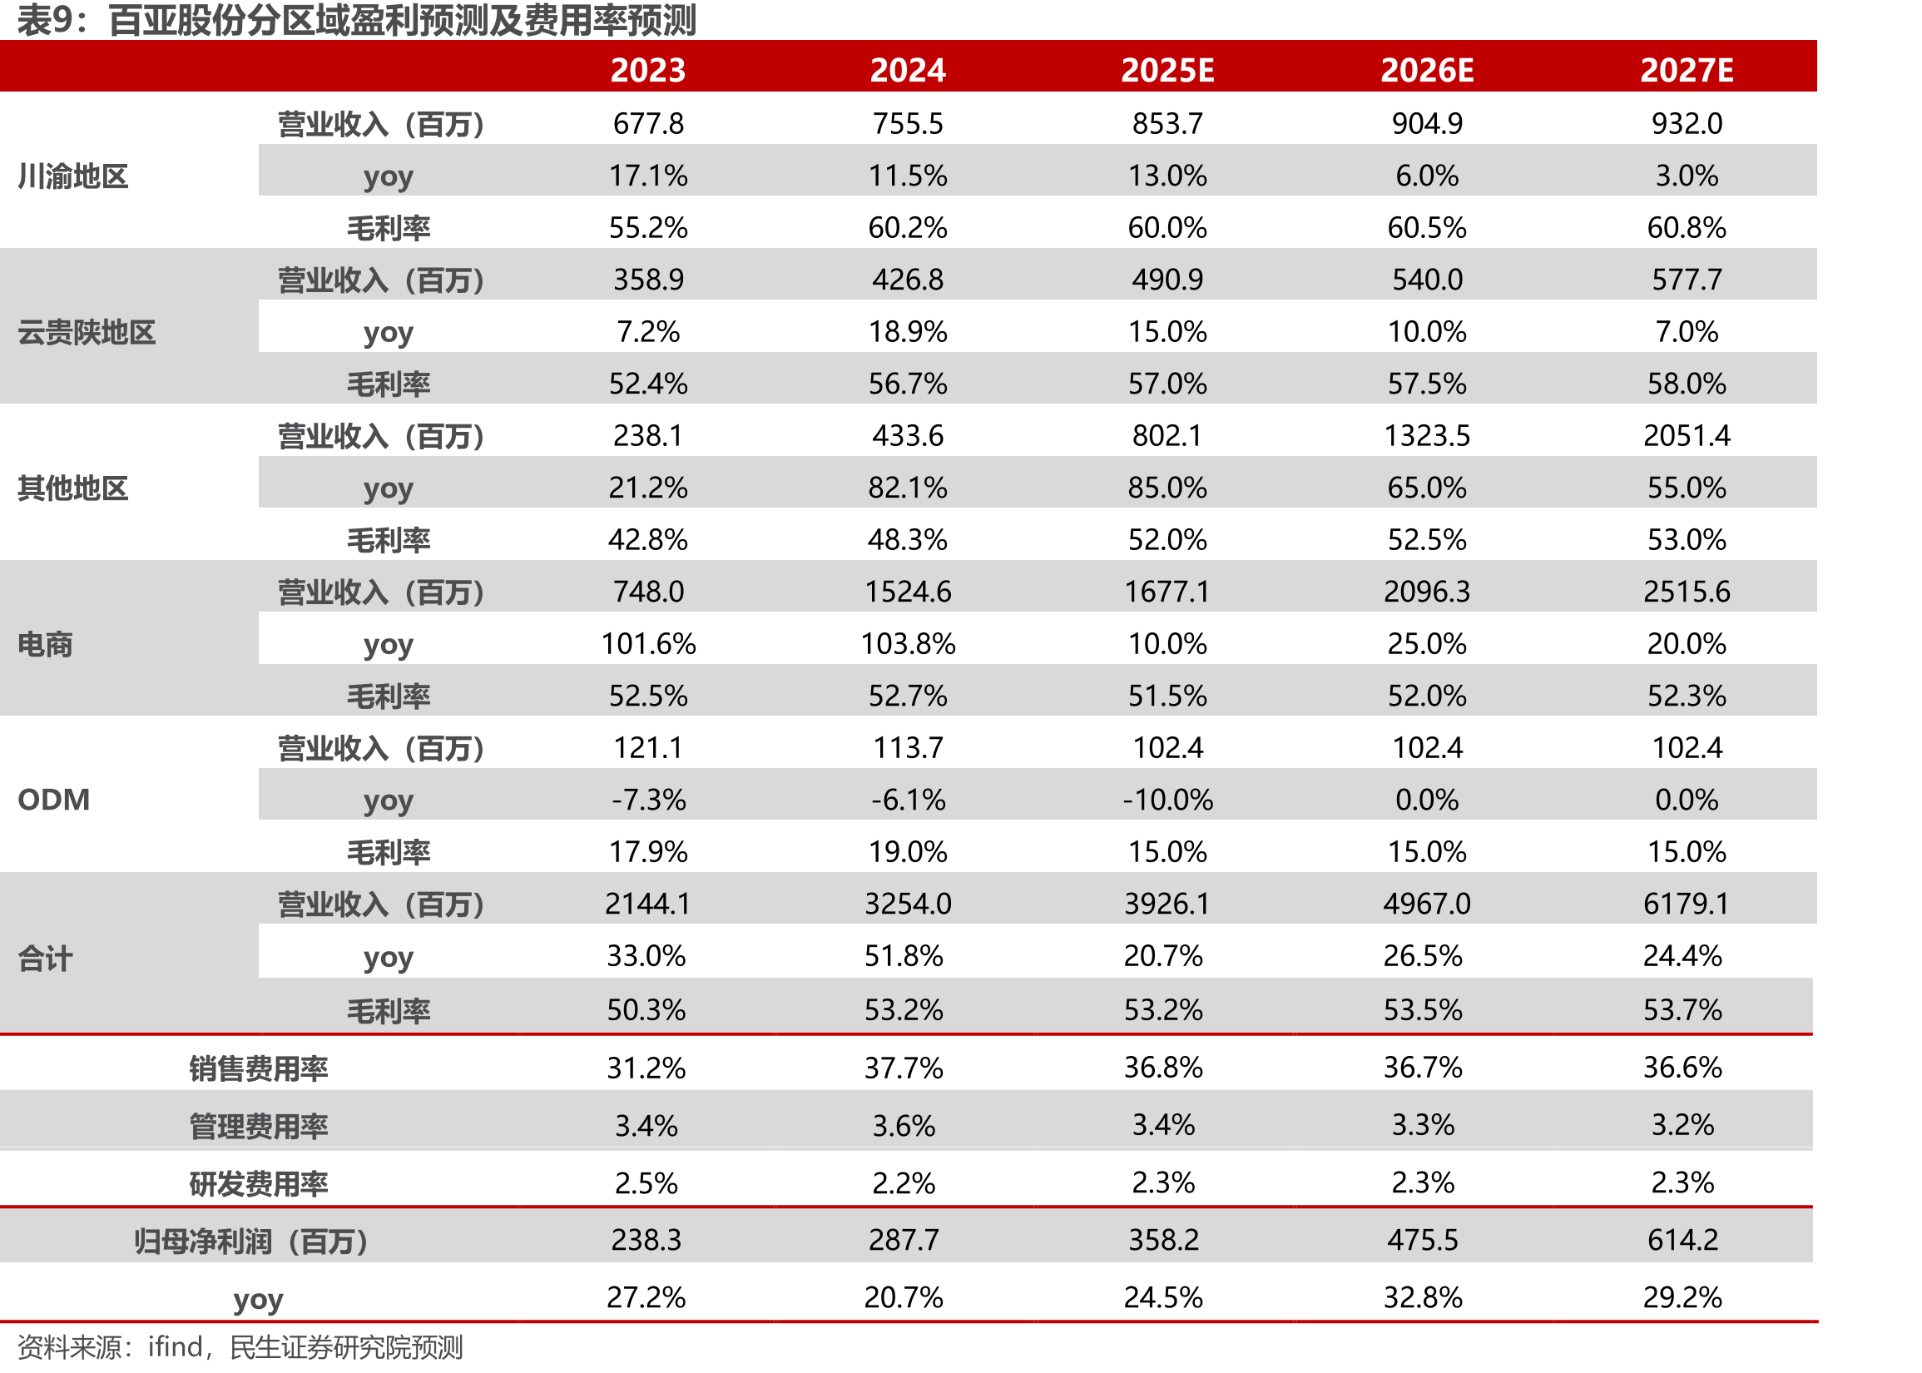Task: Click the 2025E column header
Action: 1167,70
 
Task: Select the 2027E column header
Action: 1687,70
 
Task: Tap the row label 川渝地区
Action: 72,176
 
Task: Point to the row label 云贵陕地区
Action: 87,332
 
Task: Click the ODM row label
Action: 53,799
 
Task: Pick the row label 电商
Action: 45,644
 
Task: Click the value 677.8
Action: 648,123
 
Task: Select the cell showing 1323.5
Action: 1427,435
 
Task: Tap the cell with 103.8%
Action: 908,643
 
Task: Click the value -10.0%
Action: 1167,799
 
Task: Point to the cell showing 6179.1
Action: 1687,903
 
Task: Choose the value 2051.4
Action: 1687,435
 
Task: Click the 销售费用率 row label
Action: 258,1068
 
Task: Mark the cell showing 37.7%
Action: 904,1068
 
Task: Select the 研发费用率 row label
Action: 258,1183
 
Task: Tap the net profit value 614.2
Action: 1683,1239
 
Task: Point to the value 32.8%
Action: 1423,1297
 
